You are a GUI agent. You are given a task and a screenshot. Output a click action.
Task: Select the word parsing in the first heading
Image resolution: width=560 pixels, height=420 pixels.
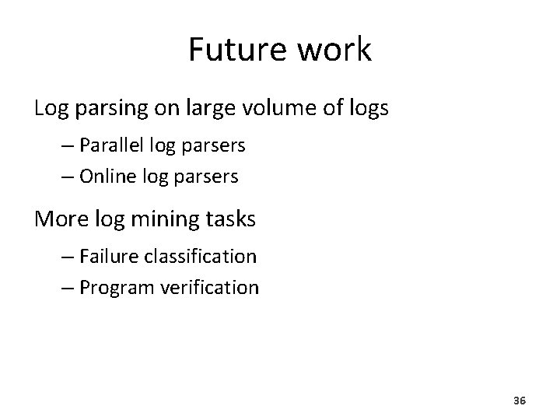106,110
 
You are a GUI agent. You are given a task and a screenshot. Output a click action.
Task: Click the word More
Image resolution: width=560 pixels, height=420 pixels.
57,219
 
